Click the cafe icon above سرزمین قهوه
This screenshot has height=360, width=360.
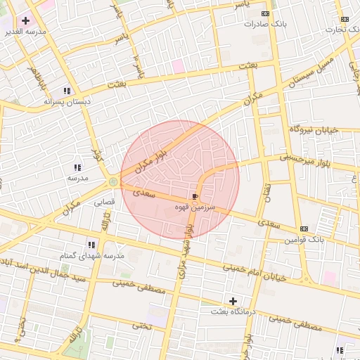[x=195, y=197]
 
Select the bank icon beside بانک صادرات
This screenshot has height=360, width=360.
[x=264, y=13]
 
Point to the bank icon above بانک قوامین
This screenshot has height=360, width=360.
[x=304, y=229]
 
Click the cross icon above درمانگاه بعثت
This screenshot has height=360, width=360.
[x=233, y=301]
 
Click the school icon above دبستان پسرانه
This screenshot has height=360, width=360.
[x=67, y=91]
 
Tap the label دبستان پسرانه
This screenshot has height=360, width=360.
[x=67, y=102]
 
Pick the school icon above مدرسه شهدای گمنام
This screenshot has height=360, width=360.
[x=91, y=245]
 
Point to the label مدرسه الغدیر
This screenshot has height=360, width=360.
[x=25, y=32]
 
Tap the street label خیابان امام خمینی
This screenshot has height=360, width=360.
[x=255, y=271]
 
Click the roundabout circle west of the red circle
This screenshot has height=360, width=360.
[x=113, y=182]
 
